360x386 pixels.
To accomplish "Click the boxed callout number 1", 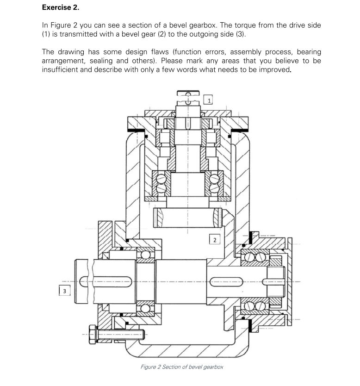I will [210, 100].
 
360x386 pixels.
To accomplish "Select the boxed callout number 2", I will [213, 239].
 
